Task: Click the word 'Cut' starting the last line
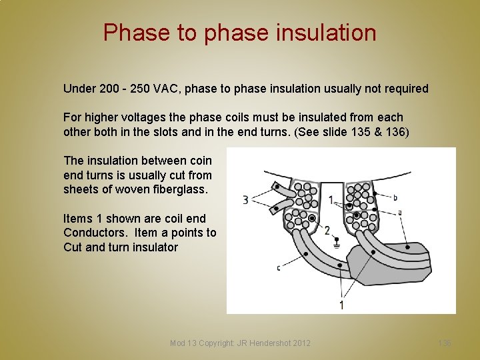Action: click(73, 247)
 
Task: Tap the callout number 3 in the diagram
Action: click(245, 200)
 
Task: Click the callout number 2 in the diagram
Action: click(327, 231)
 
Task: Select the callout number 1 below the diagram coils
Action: click(341, 305)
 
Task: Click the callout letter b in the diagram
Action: click(395, 197)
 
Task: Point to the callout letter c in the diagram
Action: click(278, 268)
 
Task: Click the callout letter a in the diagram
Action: click(399, 212)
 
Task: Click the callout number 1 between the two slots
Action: click(331, 200)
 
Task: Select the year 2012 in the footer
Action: click(300, 343)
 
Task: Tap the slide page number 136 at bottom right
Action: click(445, 343)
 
